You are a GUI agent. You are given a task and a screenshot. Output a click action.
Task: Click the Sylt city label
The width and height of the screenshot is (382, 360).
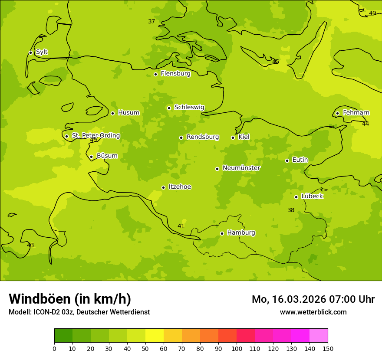pos(42,52)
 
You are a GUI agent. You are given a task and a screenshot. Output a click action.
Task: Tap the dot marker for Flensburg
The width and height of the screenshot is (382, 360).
pos(155,74)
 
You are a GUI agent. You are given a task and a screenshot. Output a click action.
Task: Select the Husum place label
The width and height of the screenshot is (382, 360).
pos(128,113)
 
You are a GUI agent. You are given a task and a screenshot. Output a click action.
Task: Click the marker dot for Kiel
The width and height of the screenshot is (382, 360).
pos(233,137)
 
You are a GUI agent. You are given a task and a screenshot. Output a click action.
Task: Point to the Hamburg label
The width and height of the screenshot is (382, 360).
pos(241,233)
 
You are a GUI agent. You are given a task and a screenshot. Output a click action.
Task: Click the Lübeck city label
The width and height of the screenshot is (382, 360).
pos(312,196)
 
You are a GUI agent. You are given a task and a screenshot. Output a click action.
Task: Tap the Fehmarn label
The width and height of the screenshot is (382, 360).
pos(356,113)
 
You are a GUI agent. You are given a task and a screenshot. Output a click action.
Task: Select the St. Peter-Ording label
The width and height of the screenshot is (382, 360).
pos(95,136)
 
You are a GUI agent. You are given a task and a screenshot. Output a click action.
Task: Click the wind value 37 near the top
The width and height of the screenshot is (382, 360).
pos(151,22)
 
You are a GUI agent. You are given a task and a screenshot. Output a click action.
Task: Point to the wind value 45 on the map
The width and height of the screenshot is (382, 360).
pos(276,62)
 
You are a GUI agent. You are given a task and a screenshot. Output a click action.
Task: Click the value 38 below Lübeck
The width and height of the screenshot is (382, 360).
pos(291,210)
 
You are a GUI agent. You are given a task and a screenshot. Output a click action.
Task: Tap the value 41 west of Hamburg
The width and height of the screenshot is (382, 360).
pos(181,226)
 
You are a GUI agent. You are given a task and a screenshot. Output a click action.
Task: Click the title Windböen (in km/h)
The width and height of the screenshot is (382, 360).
pos(70,299)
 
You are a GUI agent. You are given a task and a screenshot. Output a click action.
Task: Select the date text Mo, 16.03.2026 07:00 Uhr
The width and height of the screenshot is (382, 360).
pos(313,299)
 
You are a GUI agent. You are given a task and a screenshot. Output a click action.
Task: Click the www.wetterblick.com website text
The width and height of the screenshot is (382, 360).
pos(313,312)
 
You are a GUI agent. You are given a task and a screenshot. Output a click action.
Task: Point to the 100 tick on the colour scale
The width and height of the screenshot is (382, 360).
pos(237,348)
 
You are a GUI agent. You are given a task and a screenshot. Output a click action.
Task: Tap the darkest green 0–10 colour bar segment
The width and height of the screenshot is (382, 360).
pos(63,336)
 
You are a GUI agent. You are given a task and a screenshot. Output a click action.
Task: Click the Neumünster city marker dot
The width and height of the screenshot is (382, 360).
pos(217,169)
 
